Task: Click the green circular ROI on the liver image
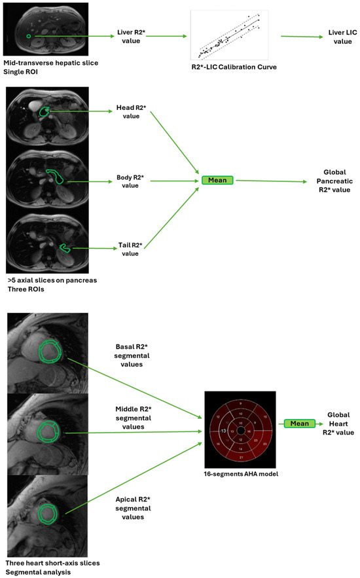coord(28,36)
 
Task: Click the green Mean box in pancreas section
coord(217,180)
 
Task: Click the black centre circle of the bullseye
coord(241,432)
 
